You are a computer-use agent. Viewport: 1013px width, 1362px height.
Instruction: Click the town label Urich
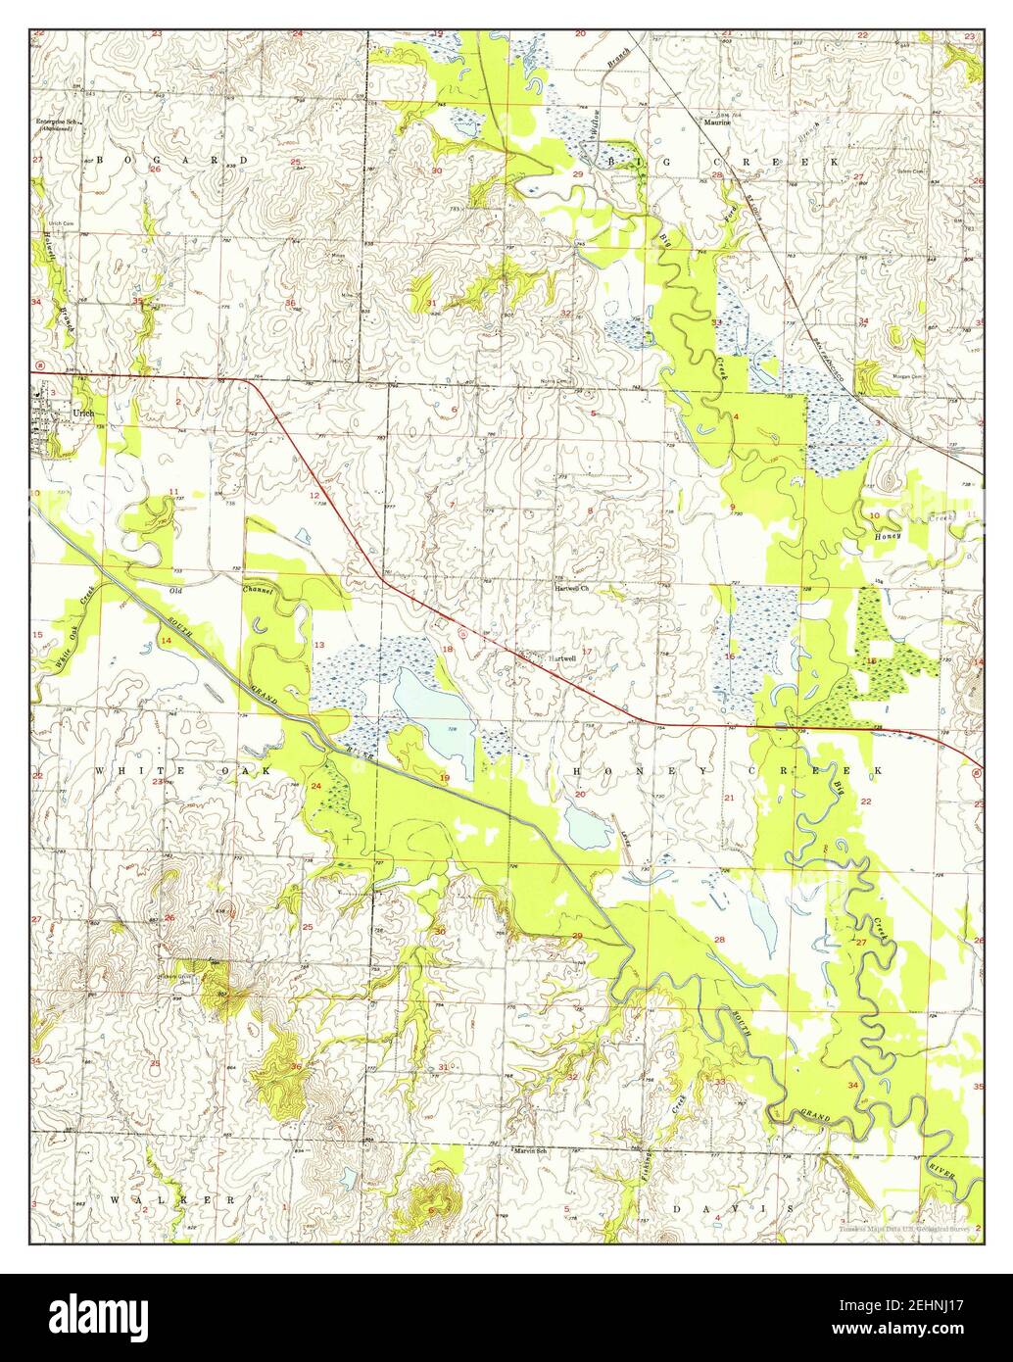pyautogui.click(x=83, y=413)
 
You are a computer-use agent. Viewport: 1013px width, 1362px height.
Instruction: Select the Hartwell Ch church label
pyautogui.click(x=570, y=589)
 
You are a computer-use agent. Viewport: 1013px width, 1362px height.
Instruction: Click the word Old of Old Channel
pyautogui.click(x=176, y=592)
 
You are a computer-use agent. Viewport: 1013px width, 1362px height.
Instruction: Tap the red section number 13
pyautogui.click(x=319, y=645)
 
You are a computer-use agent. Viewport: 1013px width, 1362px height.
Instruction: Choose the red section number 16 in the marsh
pyautogui.click(x=729, y=657)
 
